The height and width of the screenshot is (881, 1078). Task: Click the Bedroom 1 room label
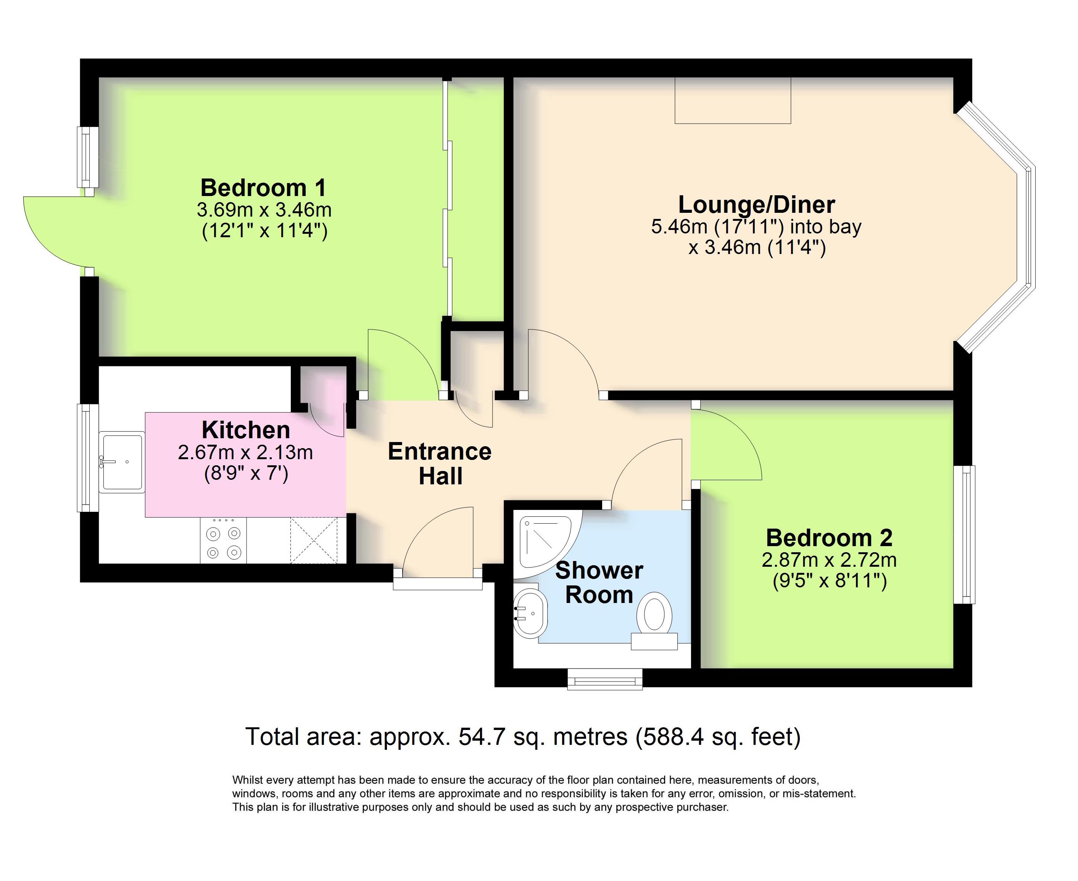point(263,188)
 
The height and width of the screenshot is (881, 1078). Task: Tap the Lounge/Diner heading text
point(757,204)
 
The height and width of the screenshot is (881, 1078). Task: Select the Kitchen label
point(246,430)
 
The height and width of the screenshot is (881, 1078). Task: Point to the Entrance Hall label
point(440,464)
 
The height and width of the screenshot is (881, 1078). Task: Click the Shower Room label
point(599,583)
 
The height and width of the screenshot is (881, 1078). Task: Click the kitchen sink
point(121,462)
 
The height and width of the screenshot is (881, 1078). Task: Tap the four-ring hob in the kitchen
point(223,540)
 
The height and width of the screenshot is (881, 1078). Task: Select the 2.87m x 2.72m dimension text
point(829,560)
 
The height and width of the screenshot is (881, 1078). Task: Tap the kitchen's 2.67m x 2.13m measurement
point(245,452)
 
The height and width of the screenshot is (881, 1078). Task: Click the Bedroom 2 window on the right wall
point(964,534)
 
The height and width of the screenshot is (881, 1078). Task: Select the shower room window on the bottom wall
point(605,679)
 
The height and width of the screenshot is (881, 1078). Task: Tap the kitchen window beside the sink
point(88,458)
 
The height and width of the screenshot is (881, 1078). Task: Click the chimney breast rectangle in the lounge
point(733,100)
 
